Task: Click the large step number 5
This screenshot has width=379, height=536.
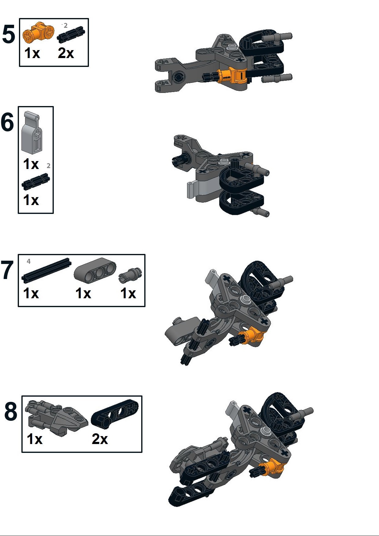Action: [9, 35]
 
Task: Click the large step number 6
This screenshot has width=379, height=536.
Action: [7, 122]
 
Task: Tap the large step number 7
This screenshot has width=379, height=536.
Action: [7, 270]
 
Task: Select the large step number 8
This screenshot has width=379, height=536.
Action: [11, 412]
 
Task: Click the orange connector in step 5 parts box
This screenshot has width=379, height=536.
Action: [38, 33]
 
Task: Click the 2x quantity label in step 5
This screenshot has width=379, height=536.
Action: [66, 53]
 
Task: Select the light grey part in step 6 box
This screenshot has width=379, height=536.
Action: [32, 133]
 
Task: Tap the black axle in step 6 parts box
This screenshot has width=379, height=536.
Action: [35, 181]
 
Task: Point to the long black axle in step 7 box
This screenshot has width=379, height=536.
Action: [46, 270]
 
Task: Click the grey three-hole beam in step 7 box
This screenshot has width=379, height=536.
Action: [95, 271]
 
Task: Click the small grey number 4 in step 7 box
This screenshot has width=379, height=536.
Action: [29, 261]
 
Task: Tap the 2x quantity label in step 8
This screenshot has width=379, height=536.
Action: [100, 439]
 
